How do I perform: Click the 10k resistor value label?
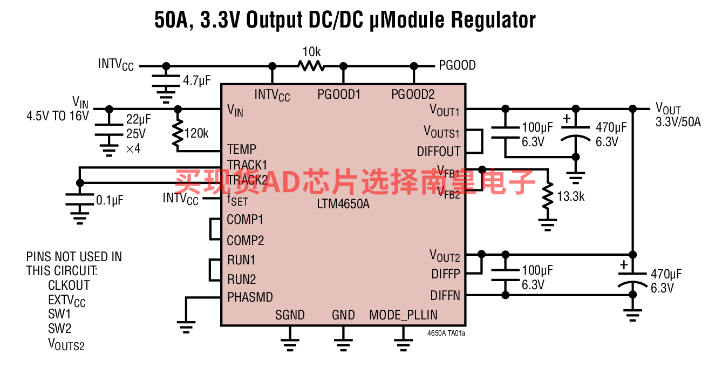pos(311,52)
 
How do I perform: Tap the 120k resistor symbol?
pos(178,133)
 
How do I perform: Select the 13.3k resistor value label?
pos(571,196)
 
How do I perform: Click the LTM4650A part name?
pos(344,205)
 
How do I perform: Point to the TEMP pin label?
pos(241,149)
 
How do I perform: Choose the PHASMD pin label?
pos(250,297)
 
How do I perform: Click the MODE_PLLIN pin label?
pos(403,315)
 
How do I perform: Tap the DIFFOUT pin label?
pos(439,152)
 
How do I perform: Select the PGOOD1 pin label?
pos(339,94)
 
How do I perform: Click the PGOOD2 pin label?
pos(413,94)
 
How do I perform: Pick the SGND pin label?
pos(290,315)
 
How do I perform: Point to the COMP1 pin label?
pos(245,220)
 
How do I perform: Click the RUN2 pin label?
pos(241,280)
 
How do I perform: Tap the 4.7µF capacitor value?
pos(197,81)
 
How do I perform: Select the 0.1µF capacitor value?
pos(110,200)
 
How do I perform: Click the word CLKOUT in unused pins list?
pos(69,285)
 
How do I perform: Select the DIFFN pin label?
pos(445,296)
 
